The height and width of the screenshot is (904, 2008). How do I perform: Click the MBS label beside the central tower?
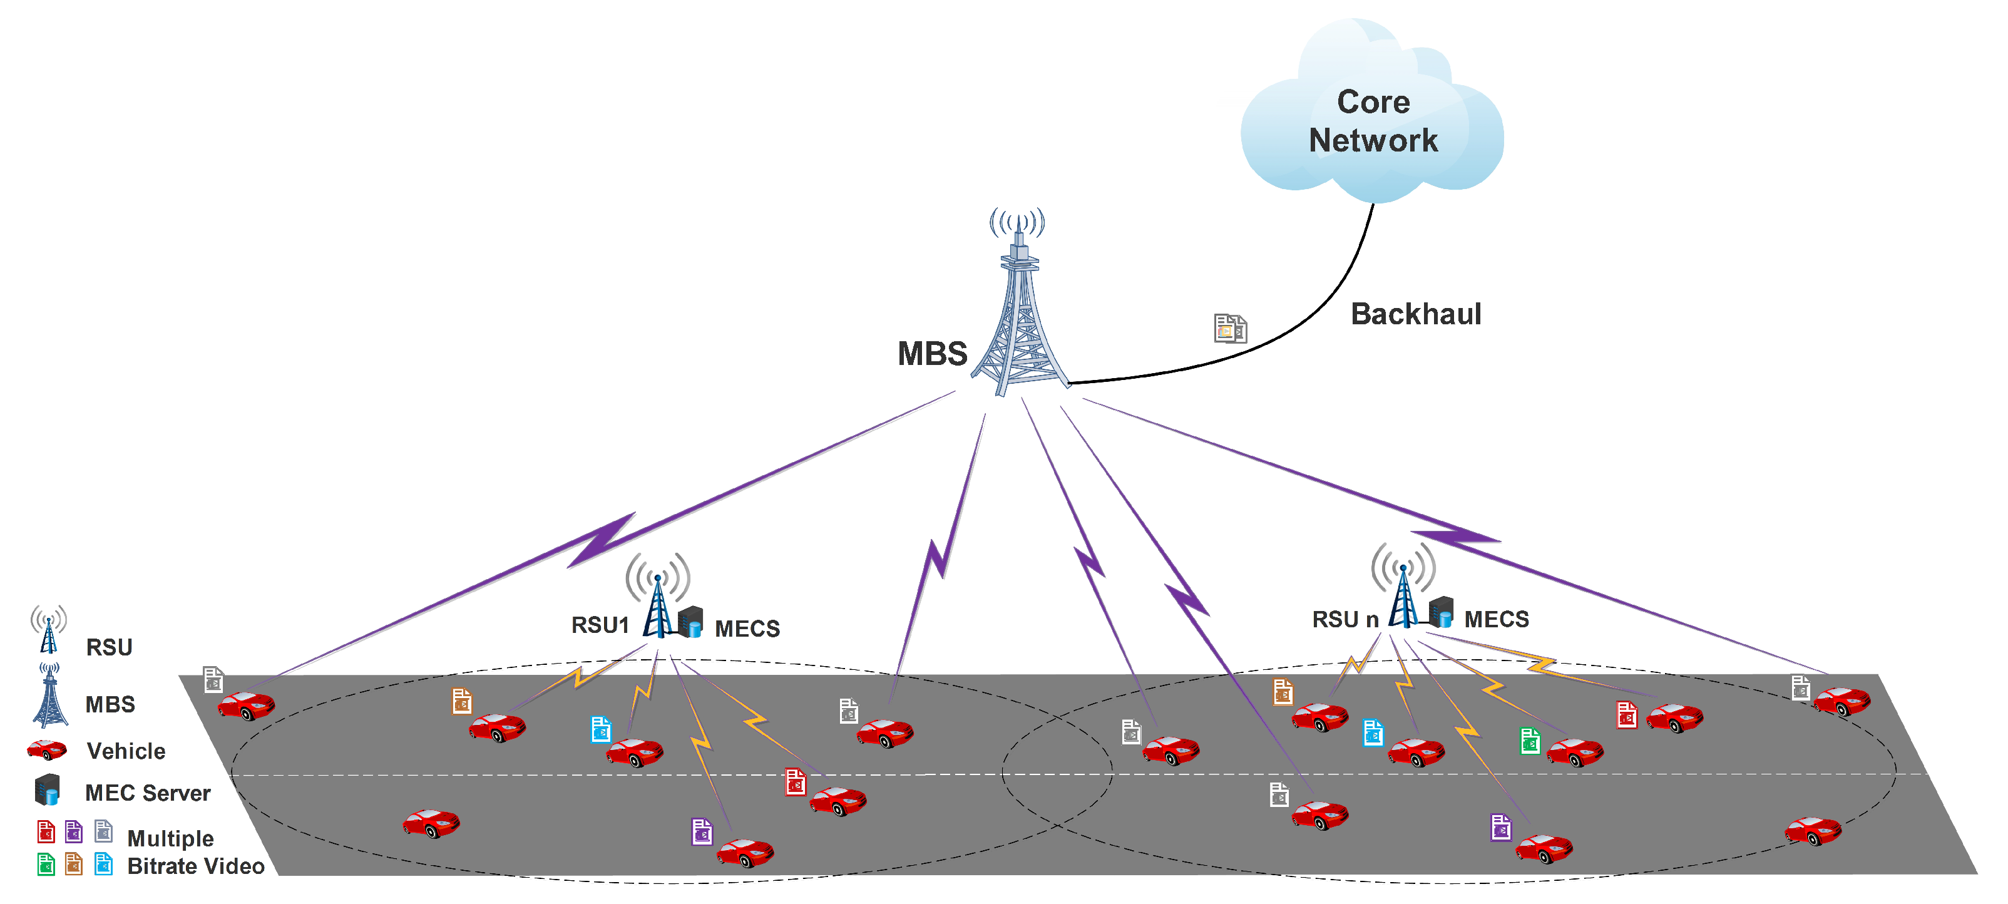pyautogui.click(x=931, y=354)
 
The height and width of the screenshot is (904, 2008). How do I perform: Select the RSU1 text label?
pyautogui.click(x=600, y=625)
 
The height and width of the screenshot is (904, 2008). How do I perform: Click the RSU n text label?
pyautogui.click(x=1345, y=620)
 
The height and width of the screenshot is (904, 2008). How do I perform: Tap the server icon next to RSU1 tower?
pyautogui.click(x=690, y=622)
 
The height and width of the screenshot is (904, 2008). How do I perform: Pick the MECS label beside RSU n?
pyautogui.click(x=1496, y=620)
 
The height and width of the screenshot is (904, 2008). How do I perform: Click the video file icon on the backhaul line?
pyautogui.click(x=1230, y=328)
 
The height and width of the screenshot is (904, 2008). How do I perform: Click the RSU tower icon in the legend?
pyautogui.click(x=48, y=630)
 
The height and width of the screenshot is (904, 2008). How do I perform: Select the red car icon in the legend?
pyautogui.click(x=47, y=750)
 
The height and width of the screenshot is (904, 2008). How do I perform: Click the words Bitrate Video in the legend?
pyautogui.click(x=196, y=866)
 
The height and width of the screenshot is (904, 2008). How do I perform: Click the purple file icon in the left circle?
pyautogui.click(x=702, y=831)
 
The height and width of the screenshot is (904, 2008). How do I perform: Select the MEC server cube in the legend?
pyautogui.click(x=48, y=789)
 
